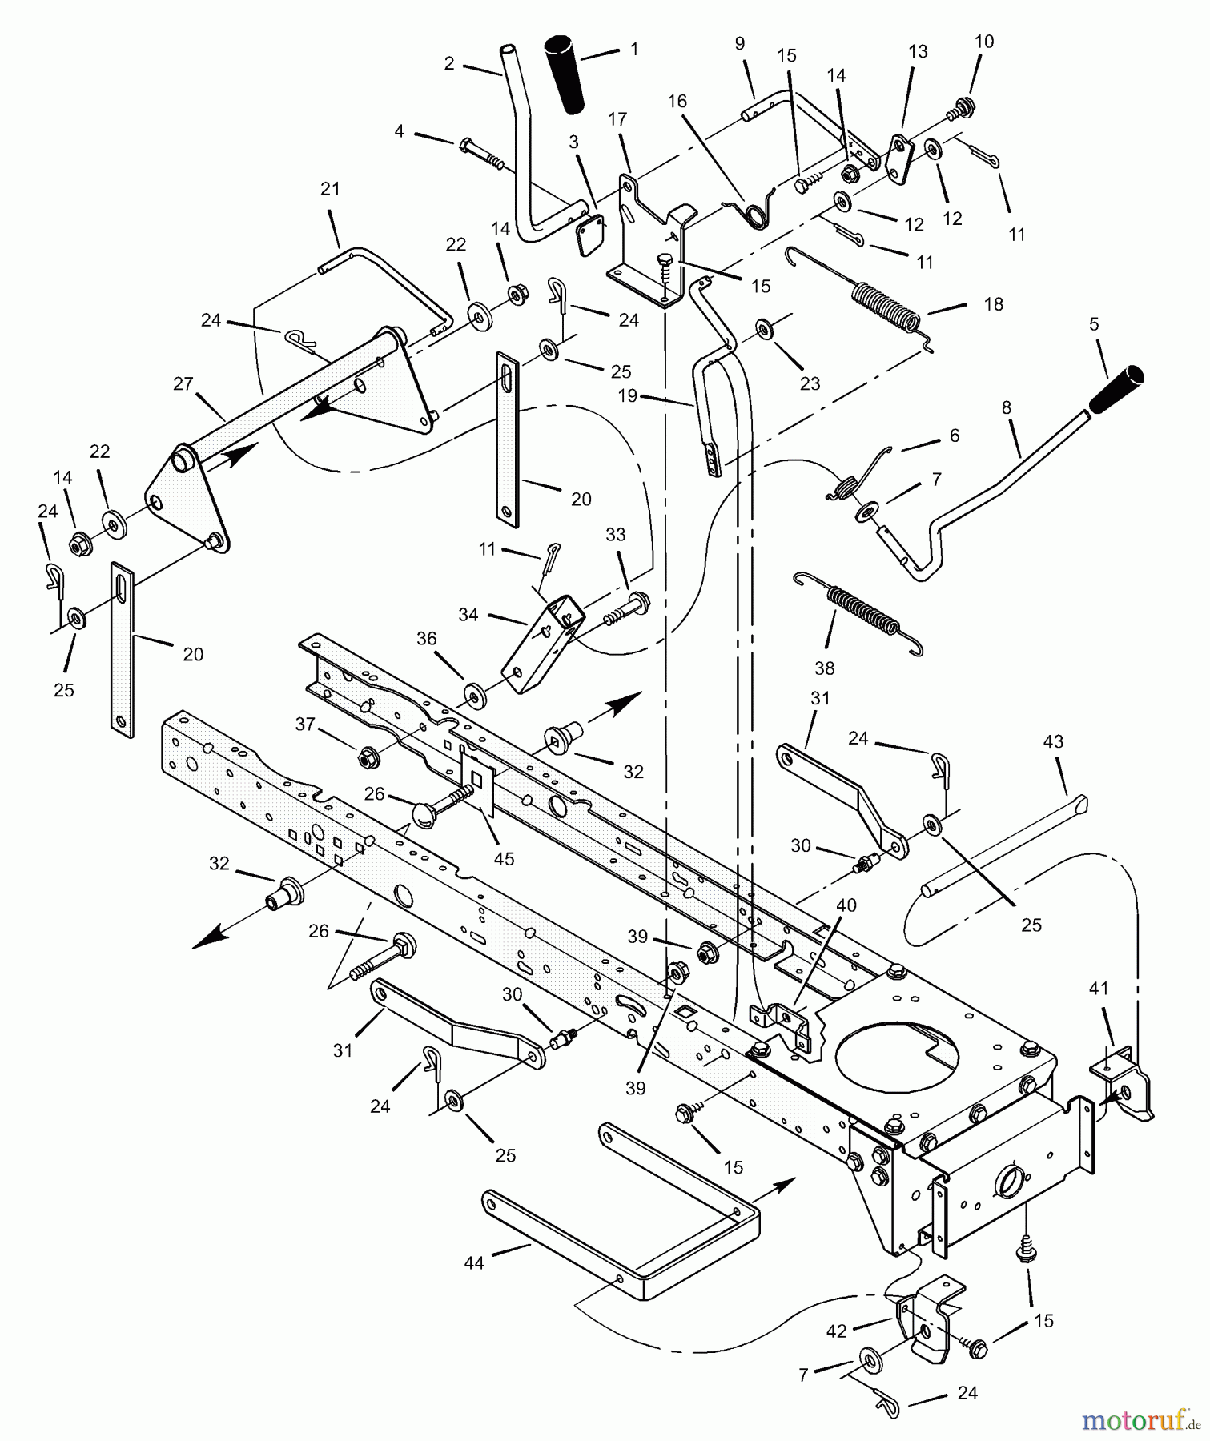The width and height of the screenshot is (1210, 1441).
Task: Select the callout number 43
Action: pyautogui.click(x=1053, y=742)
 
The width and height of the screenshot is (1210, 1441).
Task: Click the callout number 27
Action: pyautogui.click(x=183, y=384)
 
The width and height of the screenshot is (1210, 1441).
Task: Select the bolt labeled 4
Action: pyautogui.click(x=480, y=153)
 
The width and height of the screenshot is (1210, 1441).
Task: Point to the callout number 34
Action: pyautogui.click(x=468, y=615)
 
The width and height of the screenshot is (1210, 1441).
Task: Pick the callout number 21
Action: pyautogui.click(x=330, y=190)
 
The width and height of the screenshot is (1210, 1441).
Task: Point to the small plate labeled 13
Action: pyautogui.click(x=902, y=158)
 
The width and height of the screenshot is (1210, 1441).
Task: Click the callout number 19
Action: pyautogui.click(x=628, y=395)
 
